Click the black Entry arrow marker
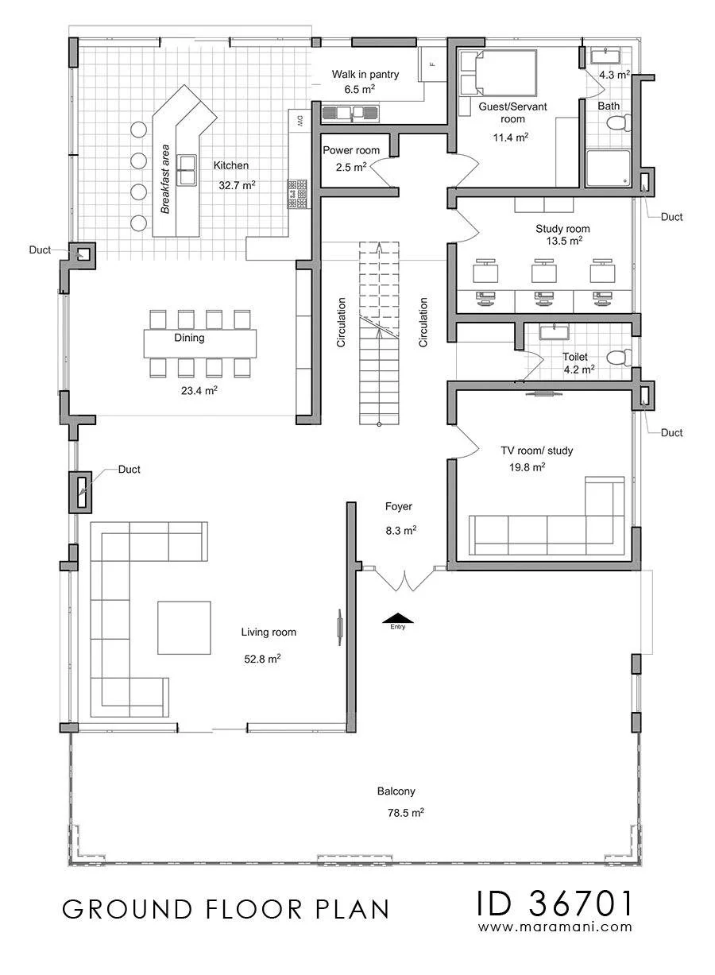(398, 618)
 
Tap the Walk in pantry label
(365, 75)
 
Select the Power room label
(351, 150)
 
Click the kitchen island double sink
(186, 170)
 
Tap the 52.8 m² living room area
(262, 659)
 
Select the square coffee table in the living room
(184, 628)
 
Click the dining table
(200, 343)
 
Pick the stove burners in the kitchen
(298, 193)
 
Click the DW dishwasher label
(300, 121)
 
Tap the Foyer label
(399, 506)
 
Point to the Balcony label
(396, 791)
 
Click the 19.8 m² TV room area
(527, 467)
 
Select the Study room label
(562, 229)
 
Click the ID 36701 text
(555, 903)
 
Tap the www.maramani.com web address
(555, 927)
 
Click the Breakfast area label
(165, 179)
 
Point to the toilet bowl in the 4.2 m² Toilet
(619, 358)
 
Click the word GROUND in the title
(127, 909)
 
